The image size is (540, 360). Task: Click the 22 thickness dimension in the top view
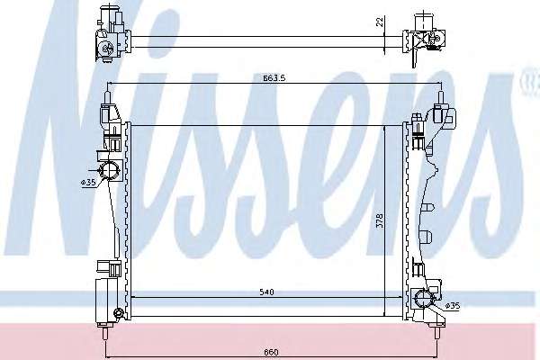point(380,22)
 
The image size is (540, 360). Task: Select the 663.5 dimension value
point(274,78)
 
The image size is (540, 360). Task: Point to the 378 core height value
point(380,220)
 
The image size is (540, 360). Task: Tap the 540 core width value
point(266,292)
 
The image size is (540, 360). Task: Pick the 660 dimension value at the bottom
point(272,352)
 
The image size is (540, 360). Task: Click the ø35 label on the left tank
point(88,182)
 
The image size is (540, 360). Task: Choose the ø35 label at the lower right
point(452,305)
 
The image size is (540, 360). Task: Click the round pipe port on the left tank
point(109,169)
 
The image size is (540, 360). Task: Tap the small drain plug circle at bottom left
point(118,312)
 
